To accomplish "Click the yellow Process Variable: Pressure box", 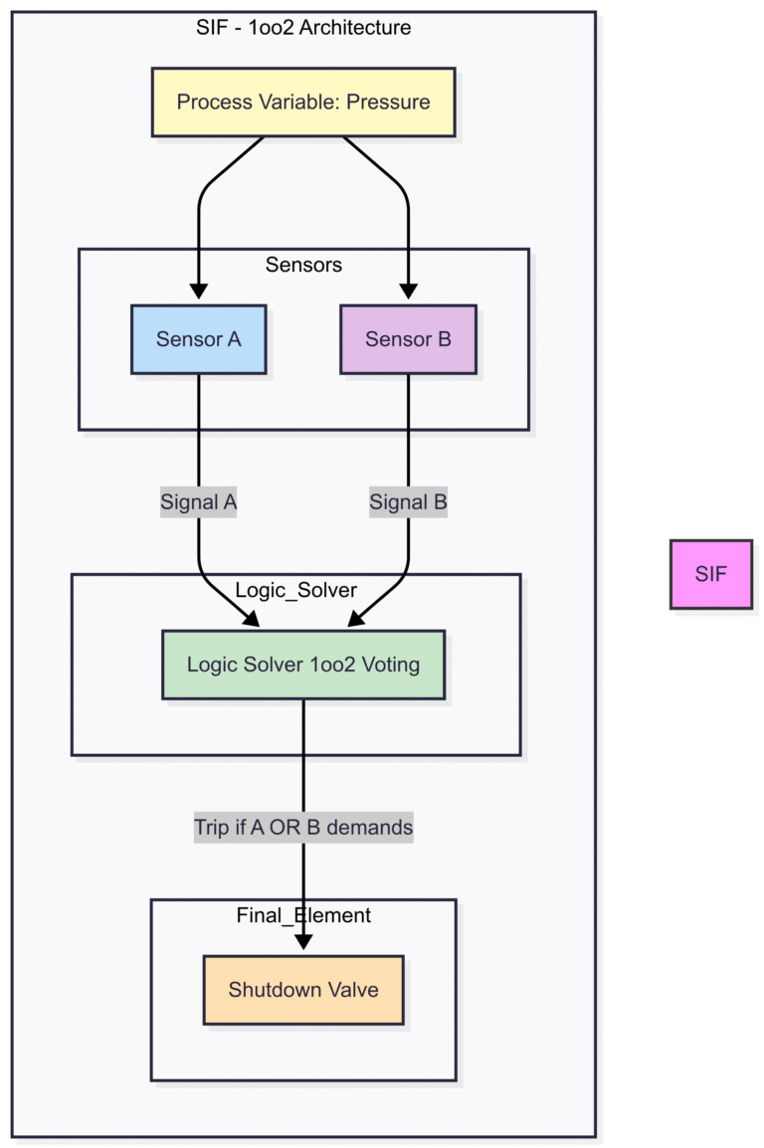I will point(303,101).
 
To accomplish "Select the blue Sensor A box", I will point(199,339).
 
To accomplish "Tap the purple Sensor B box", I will point(408,339).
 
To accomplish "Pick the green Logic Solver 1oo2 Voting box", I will point(303,665).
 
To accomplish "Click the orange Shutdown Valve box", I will point(303,990).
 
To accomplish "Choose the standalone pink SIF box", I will point(710,574).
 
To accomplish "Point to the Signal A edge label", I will point(199,503).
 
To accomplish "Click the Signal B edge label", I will point(408,503).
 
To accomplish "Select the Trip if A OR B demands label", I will point(303,827).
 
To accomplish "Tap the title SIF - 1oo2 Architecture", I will point(303,27).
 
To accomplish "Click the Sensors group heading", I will point(303,265).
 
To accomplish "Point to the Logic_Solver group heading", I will point(295,590).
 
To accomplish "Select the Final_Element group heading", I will point(303,915).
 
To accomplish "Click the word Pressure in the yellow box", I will point(388,101).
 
